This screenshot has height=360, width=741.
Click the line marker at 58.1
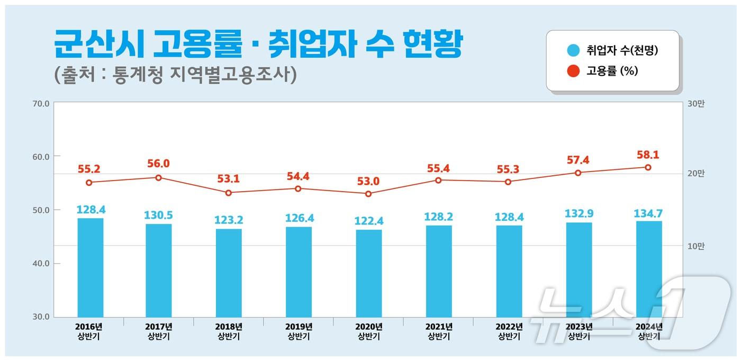point(648,167)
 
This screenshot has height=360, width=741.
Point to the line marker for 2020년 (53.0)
point(369,194)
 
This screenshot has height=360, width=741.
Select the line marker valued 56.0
point(158,177)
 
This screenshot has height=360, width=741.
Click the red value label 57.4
point(578,160)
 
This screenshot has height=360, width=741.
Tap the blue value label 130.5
point(158,215)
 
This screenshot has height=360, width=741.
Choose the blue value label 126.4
point(299,219)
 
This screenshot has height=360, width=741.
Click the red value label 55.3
point(508,170)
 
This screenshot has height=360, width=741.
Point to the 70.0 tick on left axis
point(41,104)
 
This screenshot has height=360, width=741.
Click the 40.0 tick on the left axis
point(41,264)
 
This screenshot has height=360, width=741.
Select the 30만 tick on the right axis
point(696,104)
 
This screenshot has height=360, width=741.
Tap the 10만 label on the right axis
point(696,246)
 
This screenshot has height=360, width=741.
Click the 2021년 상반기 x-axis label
point(439,331)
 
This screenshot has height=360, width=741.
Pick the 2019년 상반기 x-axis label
point(299,331)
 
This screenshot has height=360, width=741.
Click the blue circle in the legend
point(574,51)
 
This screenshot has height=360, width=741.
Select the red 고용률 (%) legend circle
point(574,70)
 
